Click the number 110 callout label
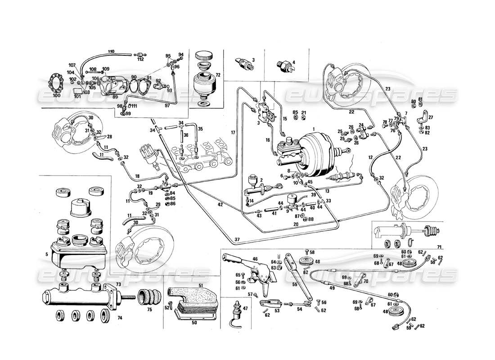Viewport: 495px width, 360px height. (112, 50)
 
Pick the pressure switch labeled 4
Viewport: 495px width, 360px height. (286, 65)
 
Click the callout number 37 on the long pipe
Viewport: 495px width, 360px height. (237, 239)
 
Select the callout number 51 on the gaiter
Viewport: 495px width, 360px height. (201, 285)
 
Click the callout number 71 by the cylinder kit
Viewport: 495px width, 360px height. (439, 247)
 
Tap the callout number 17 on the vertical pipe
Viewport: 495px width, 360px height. (233, 132)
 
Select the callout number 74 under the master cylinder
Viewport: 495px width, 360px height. (119, 318)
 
